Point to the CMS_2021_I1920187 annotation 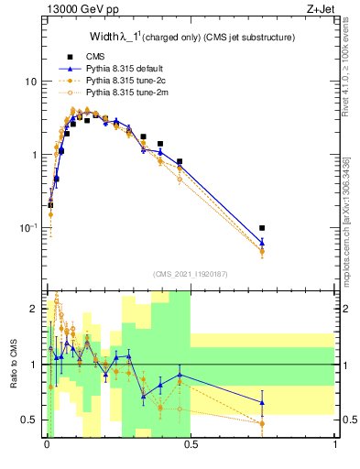191,273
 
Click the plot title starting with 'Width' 191,38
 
